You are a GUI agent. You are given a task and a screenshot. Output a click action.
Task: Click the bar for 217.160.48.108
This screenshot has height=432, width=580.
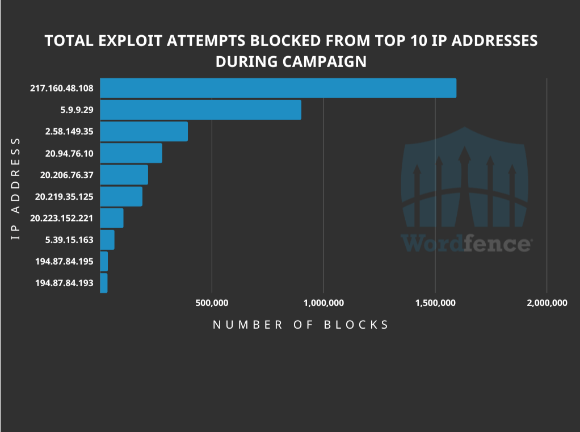tap(278, 88)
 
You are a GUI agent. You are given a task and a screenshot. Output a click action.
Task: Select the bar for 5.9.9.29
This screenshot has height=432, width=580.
tap(200, 110)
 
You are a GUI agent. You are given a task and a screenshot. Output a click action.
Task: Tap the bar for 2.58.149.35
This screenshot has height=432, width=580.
tap(144, 131)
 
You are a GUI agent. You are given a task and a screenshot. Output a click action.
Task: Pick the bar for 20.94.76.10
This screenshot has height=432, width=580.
tap(131, 153)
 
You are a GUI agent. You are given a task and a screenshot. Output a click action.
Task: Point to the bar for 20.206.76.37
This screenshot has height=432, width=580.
tap(124, 175)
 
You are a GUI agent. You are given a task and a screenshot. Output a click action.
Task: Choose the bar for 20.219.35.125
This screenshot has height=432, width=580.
tap(121, 196)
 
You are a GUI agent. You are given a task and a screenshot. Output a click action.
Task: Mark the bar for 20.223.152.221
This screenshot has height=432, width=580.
tap(112, 218)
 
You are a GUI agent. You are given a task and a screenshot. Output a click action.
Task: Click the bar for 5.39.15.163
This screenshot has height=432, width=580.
tap(107, 240)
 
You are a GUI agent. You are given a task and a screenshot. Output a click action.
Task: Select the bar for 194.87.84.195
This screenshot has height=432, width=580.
tap(104, 261)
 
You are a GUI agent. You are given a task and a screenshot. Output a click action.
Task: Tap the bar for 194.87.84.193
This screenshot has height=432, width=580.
tap(104, 283)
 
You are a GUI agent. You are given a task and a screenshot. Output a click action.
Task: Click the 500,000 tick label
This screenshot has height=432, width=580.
tap(212, 303)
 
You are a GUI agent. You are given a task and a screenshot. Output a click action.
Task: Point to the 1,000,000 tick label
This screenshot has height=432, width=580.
tap(323, 303)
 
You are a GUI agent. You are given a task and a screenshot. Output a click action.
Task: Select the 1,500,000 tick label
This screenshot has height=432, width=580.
tap(435, 303)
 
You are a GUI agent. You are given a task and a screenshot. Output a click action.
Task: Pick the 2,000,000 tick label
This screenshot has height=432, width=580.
tap(547, 303)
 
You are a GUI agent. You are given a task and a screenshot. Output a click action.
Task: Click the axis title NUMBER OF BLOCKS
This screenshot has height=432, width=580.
tap(301, 325)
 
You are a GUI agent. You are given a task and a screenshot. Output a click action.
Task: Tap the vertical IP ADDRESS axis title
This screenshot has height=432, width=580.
tap(16, 188)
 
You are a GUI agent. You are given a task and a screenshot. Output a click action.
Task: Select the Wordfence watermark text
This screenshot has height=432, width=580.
tap(466, 243)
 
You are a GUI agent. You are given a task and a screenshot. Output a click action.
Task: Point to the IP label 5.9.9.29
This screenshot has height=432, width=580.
tap(77, 110)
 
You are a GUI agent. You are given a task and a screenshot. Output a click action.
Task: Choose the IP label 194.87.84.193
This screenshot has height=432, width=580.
tap(64, 283)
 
